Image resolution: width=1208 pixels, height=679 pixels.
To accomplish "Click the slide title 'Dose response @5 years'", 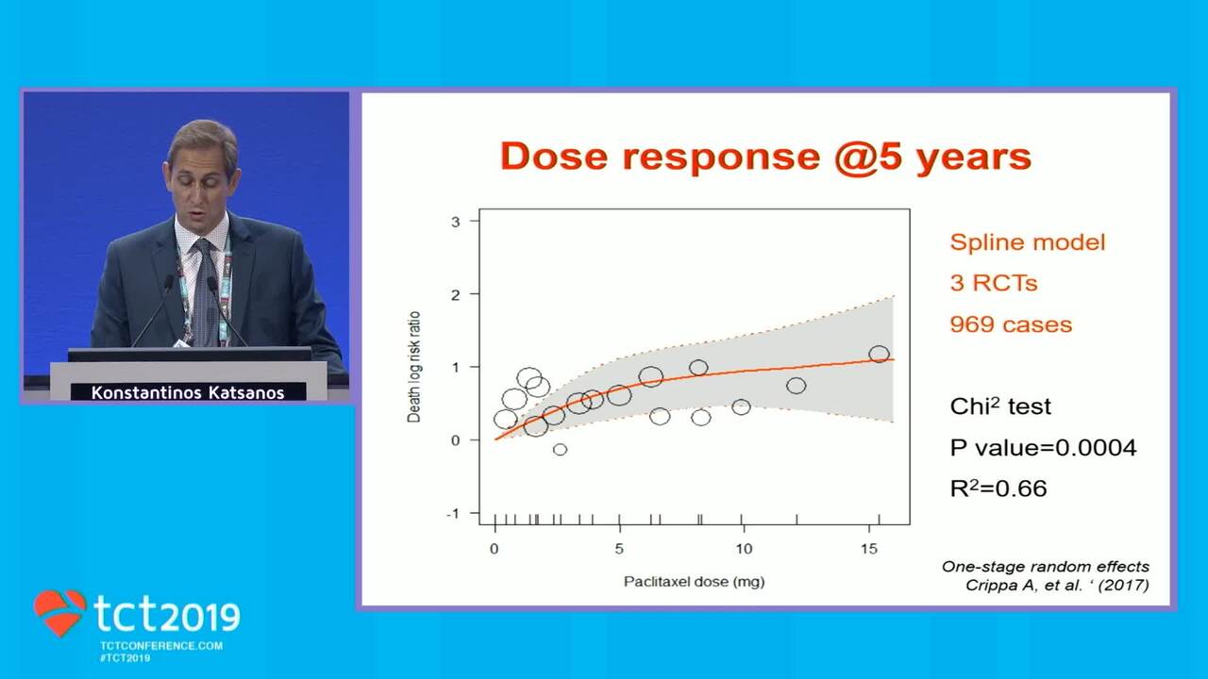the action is pyautogui.click(x=765, y=157).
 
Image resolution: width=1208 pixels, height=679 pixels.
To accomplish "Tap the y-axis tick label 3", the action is pyautogui.click(x=456, y=222).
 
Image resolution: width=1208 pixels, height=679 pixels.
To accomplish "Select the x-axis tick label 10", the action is pyautogui.click(x=744, y=549).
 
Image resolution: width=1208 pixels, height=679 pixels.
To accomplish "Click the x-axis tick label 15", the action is pyautogui.click(x=869, y=549).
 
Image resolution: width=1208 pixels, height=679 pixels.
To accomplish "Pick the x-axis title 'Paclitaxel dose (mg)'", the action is pyautogui.click(x=694, y=582).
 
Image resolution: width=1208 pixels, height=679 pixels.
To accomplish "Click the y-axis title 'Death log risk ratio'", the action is pyautogui.click(x=413, y=367).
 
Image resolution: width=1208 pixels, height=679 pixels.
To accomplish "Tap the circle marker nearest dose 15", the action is pyautogui.click(x=879, y=354).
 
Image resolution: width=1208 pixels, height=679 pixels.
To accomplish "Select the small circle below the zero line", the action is pyautogui.click(x=560, y=450).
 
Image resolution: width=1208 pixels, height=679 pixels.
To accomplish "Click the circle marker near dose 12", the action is pyautogui.click(x=796, y=386).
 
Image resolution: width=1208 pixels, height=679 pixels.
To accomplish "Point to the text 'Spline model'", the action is pyautogui.click(x=1028, y=242).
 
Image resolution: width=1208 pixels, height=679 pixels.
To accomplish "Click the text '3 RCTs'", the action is pyautogui.click(x=994, y=284).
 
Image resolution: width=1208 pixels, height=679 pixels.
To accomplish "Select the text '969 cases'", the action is pyautogui.click(x=1011, y=324).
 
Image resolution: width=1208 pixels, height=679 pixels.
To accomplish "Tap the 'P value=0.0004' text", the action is pyautogui.click(x=1043, y=448).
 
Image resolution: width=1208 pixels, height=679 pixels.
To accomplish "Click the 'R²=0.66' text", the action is pyautogui.click(x=998, y=489).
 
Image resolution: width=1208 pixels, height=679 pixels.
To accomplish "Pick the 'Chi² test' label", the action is pyautogui.click(x=1000, y=406).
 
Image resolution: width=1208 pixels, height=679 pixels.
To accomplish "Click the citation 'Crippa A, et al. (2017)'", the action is pyautogui.click(x=1057, y=586).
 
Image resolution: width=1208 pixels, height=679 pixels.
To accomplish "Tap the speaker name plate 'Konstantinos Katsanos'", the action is pyautogui.click(x=188, y=393).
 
